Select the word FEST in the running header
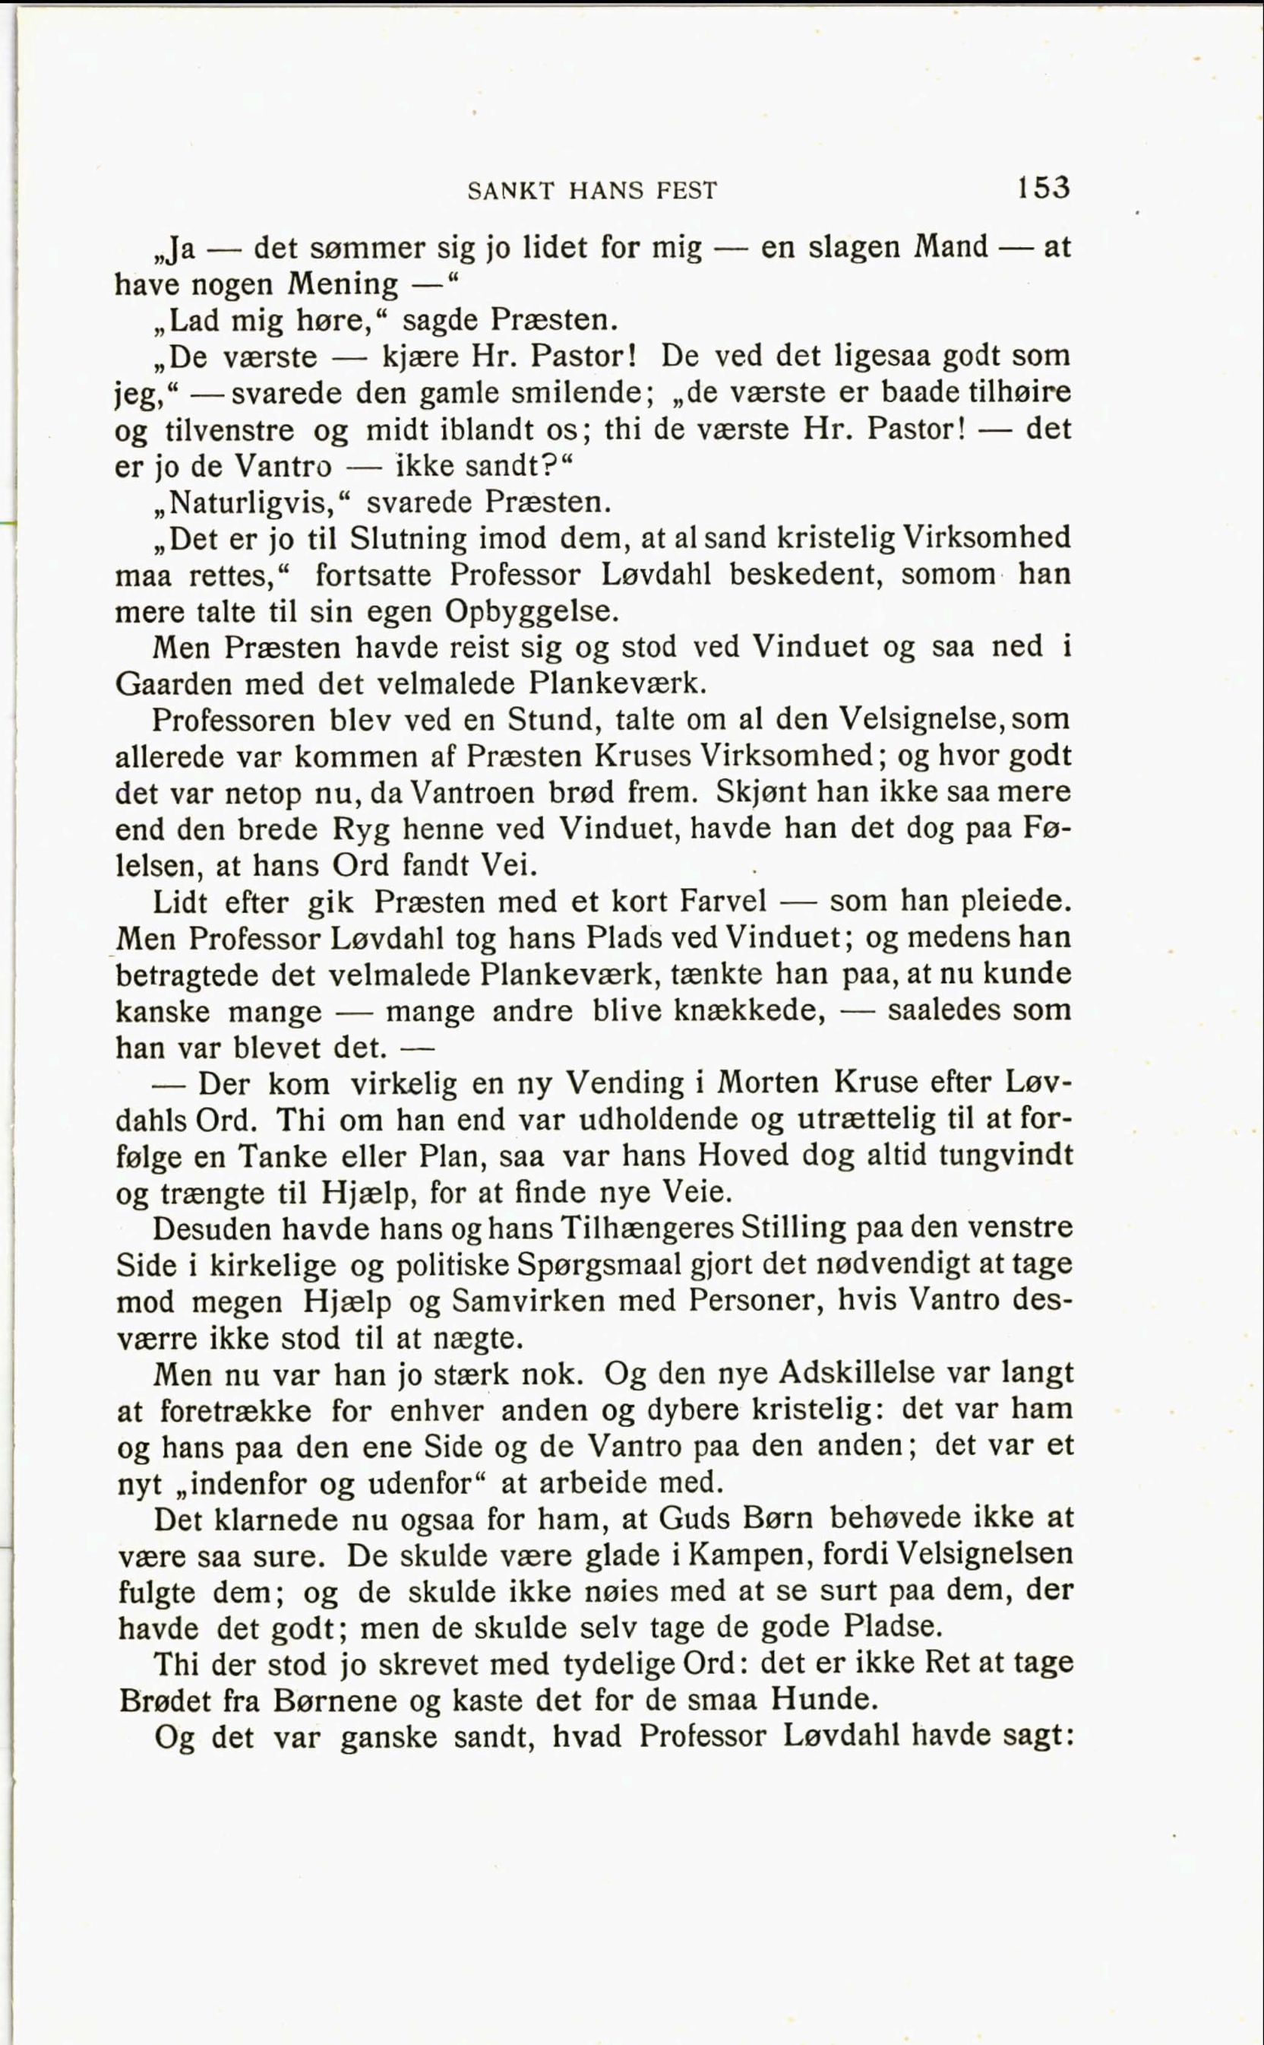click(687, 192)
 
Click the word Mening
click(343, 285)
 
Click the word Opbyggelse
click(531, 611)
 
